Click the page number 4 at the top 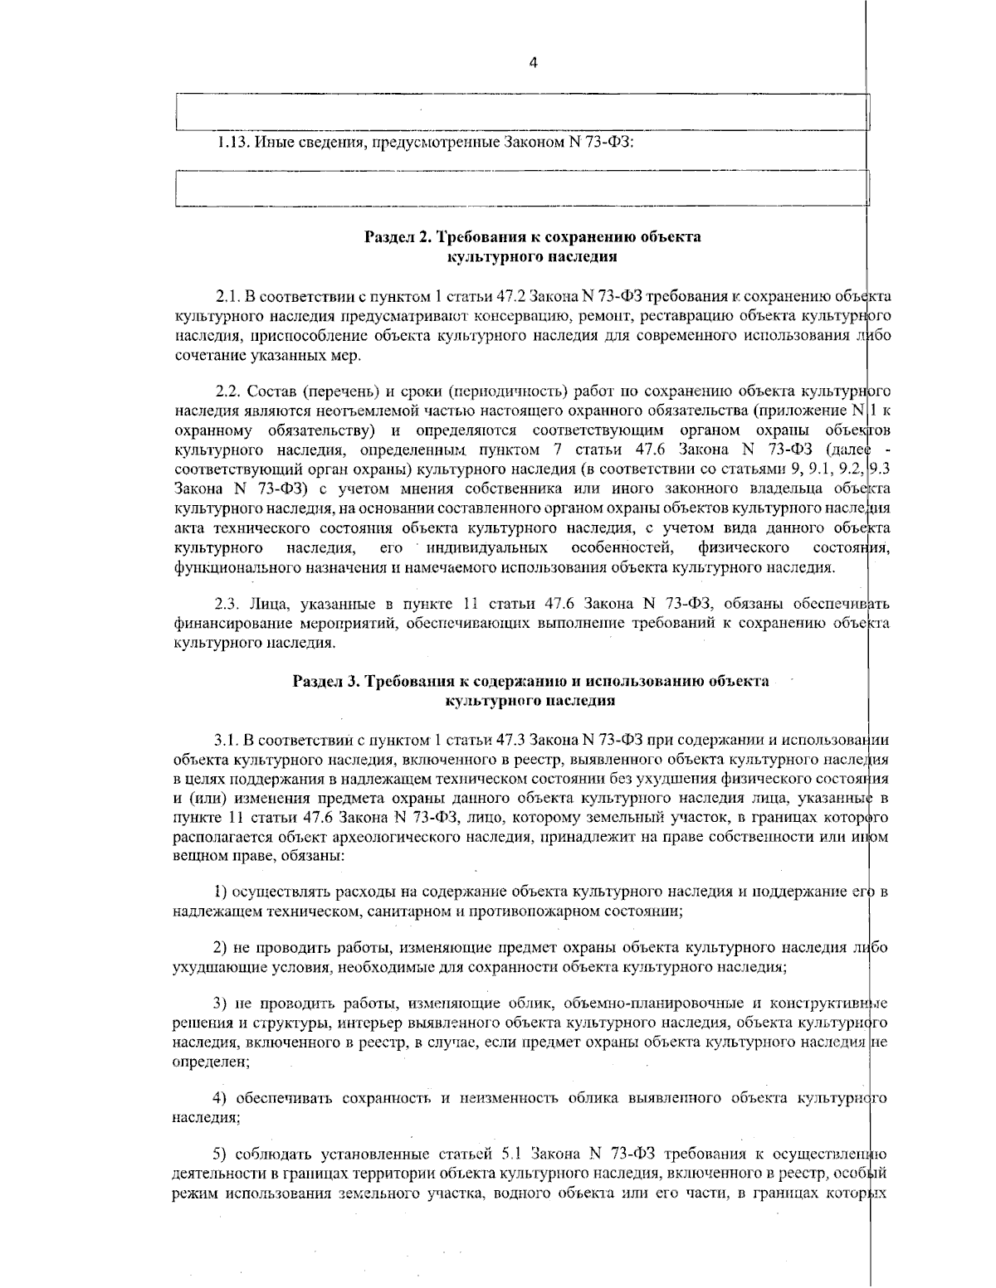point(533,62)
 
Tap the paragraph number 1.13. point(232,142)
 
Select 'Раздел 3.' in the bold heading point(324,682)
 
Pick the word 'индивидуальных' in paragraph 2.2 point(486,548)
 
